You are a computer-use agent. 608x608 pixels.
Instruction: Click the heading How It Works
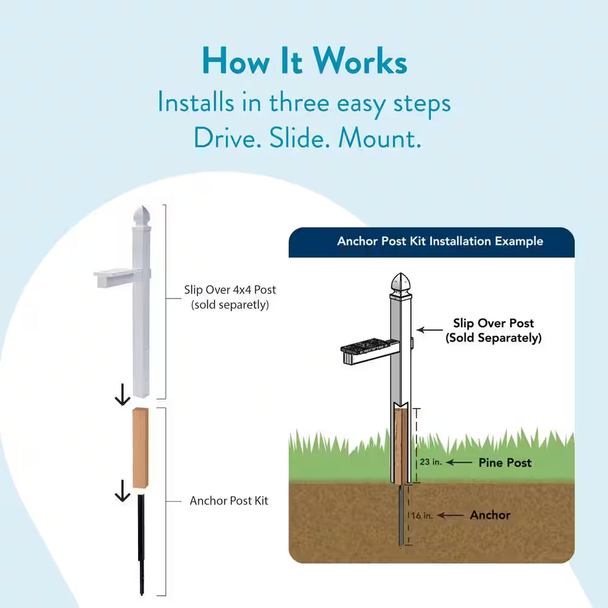click(304, 62)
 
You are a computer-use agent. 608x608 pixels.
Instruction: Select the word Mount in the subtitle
click(378, 139)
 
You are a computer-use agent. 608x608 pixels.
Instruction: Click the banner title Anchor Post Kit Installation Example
click(440, 241)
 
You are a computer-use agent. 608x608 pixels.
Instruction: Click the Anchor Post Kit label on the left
click(229, 501)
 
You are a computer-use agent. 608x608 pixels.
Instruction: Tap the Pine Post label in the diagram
click(505, 463)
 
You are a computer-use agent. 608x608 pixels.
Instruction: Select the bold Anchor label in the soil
click(490, 515)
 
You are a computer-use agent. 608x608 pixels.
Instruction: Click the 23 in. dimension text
click(430, 463)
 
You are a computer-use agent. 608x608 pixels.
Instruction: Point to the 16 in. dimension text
click(422, 516)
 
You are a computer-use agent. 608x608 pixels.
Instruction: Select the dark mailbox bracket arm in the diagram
click(367, 352)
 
